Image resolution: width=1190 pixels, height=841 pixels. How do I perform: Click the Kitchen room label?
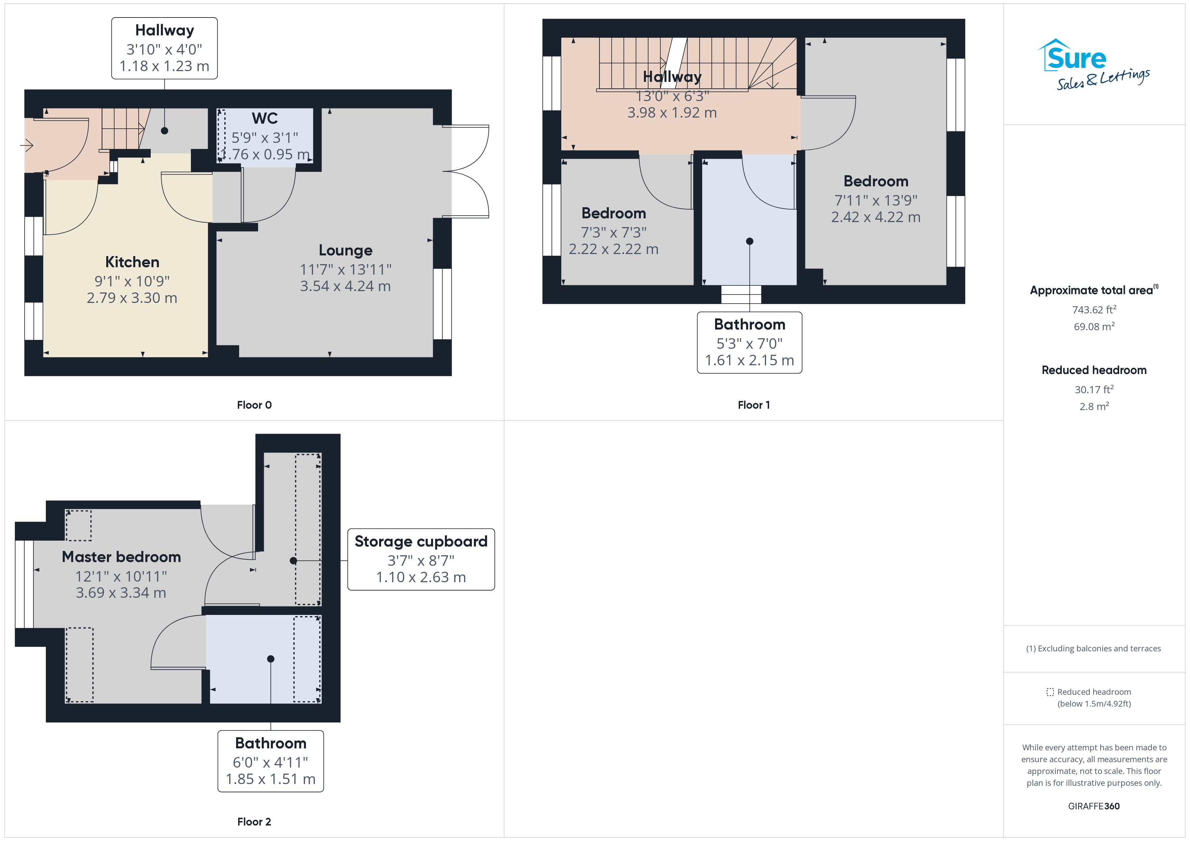tap(132, 262)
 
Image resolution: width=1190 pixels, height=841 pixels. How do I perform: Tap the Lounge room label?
tap(345, 251)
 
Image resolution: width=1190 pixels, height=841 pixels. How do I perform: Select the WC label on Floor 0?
tap(265, 119)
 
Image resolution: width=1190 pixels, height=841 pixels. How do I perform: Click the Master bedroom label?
tap(121, 557)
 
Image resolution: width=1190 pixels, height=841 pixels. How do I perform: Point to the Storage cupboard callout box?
tap(421, 559)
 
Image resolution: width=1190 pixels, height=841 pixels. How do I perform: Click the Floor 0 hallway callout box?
tap(164, 48)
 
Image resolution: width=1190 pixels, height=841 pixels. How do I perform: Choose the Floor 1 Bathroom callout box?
tap(749, 342)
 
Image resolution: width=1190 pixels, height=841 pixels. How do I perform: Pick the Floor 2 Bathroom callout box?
tap(271, 761)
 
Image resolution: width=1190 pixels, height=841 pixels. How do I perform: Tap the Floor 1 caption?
tap(754, 405)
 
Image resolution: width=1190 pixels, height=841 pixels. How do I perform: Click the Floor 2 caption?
tap(254, 822)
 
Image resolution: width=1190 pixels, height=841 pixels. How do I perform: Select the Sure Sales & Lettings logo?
tap(1094, 65)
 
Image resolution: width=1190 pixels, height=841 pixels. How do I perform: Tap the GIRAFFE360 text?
tap(1094, 806)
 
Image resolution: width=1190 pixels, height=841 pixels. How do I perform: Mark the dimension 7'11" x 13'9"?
tap(876, 200)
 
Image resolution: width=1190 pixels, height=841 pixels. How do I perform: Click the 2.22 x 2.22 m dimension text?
tap(614, 250)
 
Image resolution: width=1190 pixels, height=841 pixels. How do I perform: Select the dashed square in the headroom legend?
tap(1050, 692)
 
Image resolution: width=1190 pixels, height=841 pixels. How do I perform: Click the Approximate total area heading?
tap(1094, 290)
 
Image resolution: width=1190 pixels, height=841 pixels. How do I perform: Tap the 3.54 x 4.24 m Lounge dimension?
tap(345, 286)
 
